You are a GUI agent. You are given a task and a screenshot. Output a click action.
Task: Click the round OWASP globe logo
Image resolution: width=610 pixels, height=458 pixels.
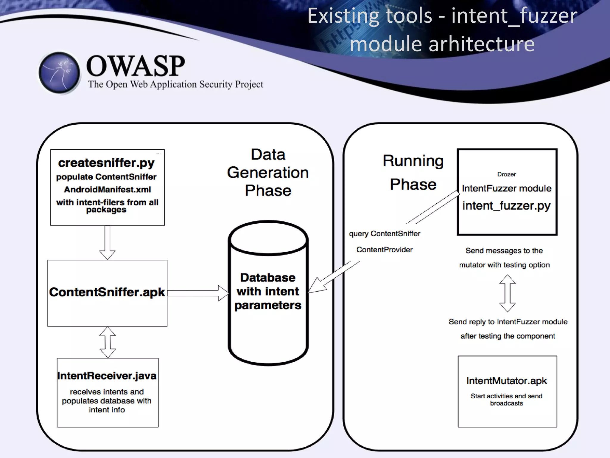(60, 72)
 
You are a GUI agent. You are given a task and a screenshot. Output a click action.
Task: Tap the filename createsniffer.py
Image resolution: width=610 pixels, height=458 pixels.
(106, 163)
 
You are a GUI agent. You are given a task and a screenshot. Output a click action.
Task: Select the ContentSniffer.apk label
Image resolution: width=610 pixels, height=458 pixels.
(107, 292)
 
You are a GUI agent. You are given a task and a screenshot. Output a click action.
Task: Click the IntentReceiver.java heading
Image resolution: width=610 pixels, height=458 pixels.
(107, 376)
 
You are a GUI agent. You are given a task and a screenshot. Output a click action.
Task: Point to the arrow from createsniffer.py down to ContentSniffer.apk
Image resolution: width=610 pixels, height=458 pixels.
(107, 242)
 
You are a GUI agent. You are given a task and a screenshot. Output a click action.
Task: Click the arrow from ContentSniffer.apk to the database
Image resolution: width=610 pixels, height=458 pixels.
(198, 293)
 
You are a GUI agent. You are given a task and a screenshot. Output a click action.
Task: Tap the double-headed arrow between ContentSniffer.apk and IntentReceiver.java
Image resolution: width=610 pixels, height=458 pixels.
(108, 342)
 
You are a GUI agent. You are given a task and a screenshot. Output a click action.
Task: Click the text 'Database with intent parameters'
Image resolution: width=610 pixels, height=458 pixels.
(268, 291)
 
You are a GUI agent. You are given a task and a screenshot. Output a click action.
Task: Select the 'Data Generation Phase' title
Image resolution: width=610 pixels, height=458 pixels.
(268, 172)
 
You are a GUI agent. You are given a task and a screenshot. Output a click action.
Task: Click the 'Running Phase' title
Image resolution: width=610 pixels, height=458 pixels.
(413, 172)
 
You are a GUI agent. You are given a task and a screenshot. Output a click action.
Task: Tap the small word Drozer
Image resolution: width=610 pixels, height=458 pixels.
(506, 174)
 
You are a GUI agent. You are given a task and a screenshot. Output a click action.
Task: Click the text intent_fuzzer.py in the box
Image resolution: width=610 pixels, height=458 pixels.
(506, 206)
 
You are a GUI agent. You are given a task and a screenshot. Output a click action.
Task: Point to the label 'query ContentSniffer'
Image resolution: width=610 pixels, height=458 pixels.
(385, 234)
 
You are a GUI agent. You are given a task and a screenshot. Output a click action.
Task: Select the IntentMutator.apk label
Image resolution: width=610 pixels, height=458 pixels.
(507, 381)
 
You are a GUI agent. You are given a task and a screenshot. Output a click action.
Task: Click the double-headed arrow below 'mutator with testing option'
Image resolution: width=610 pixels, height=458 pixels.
(507, 293)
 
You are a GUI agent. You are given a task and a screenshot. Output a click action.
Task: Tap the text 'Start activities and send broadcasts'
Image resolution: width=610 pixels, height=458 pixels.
(506, 400)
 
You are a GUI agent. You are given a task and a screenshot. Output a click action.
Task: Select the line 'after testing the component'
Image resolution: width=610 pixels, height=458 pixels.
(508, 336)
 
